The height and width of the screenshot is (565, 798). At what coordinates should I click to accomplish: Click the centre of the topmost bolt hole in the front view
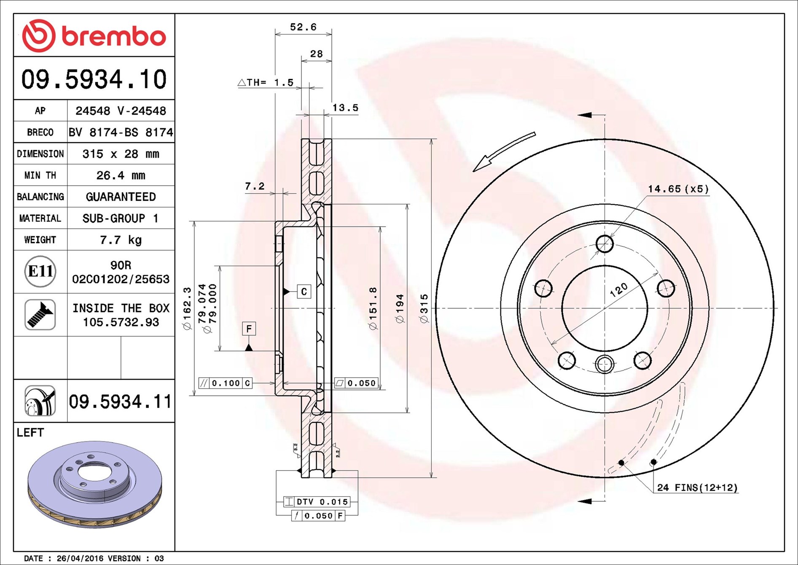tap(605, 244)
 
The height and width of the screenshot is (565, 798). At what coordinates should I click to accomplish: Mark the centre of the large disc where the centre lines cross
tap(605, 308)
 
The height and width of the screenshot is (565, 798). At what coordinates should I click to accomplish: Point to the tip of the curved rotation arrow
tap(473, 171)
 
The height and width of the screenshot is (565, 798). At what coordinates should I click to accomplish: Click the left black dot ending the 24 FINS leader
tap(621, 463)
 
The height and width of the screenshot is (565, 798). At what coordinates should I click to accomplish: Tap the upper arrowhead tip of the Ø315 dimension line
tap(431, 139)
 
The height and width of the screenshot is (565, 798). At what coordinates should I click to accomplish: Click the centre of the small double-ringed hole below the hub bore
tap(605, 364)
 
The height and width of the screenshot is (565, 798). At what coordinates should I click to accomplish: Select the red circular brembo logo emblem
tap(38, 36)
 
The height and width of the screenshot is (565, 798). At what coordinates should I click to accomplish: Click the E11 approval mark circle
tap(40, 271)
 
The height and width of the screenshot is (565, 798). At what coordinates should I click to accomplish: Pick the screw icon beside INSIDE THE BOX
tap(40, 315)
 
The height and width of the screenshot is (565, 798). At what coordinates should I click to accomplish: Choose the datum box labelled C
tap(304, 292)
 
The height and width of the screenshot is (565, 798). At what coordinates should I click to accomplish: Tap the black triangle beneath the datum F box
tap(249, 347)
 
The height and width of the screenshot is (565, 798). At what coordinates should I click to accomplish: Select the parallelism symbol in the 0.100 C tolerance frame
tap(204, 383)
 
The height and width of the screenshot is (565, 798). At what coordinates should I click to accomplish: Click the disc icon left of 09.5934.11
tap(40, 401)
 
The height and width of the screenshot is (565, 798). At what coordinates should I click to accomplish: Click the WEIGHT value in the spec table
tap(121, 240)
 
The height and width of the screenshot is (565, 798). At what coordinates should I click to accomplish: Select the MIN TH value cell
tap(121, 175)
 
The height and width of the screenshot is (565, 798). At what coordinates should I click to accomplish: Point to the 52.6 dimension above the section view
tap(303, 27)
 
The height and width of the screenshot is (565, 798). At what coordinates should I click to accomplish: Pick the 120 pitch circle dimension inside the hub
tap(618, 290)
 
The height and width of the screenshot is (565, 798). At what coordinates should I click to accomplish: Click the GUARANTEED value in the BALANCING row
tap(121, 197)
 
